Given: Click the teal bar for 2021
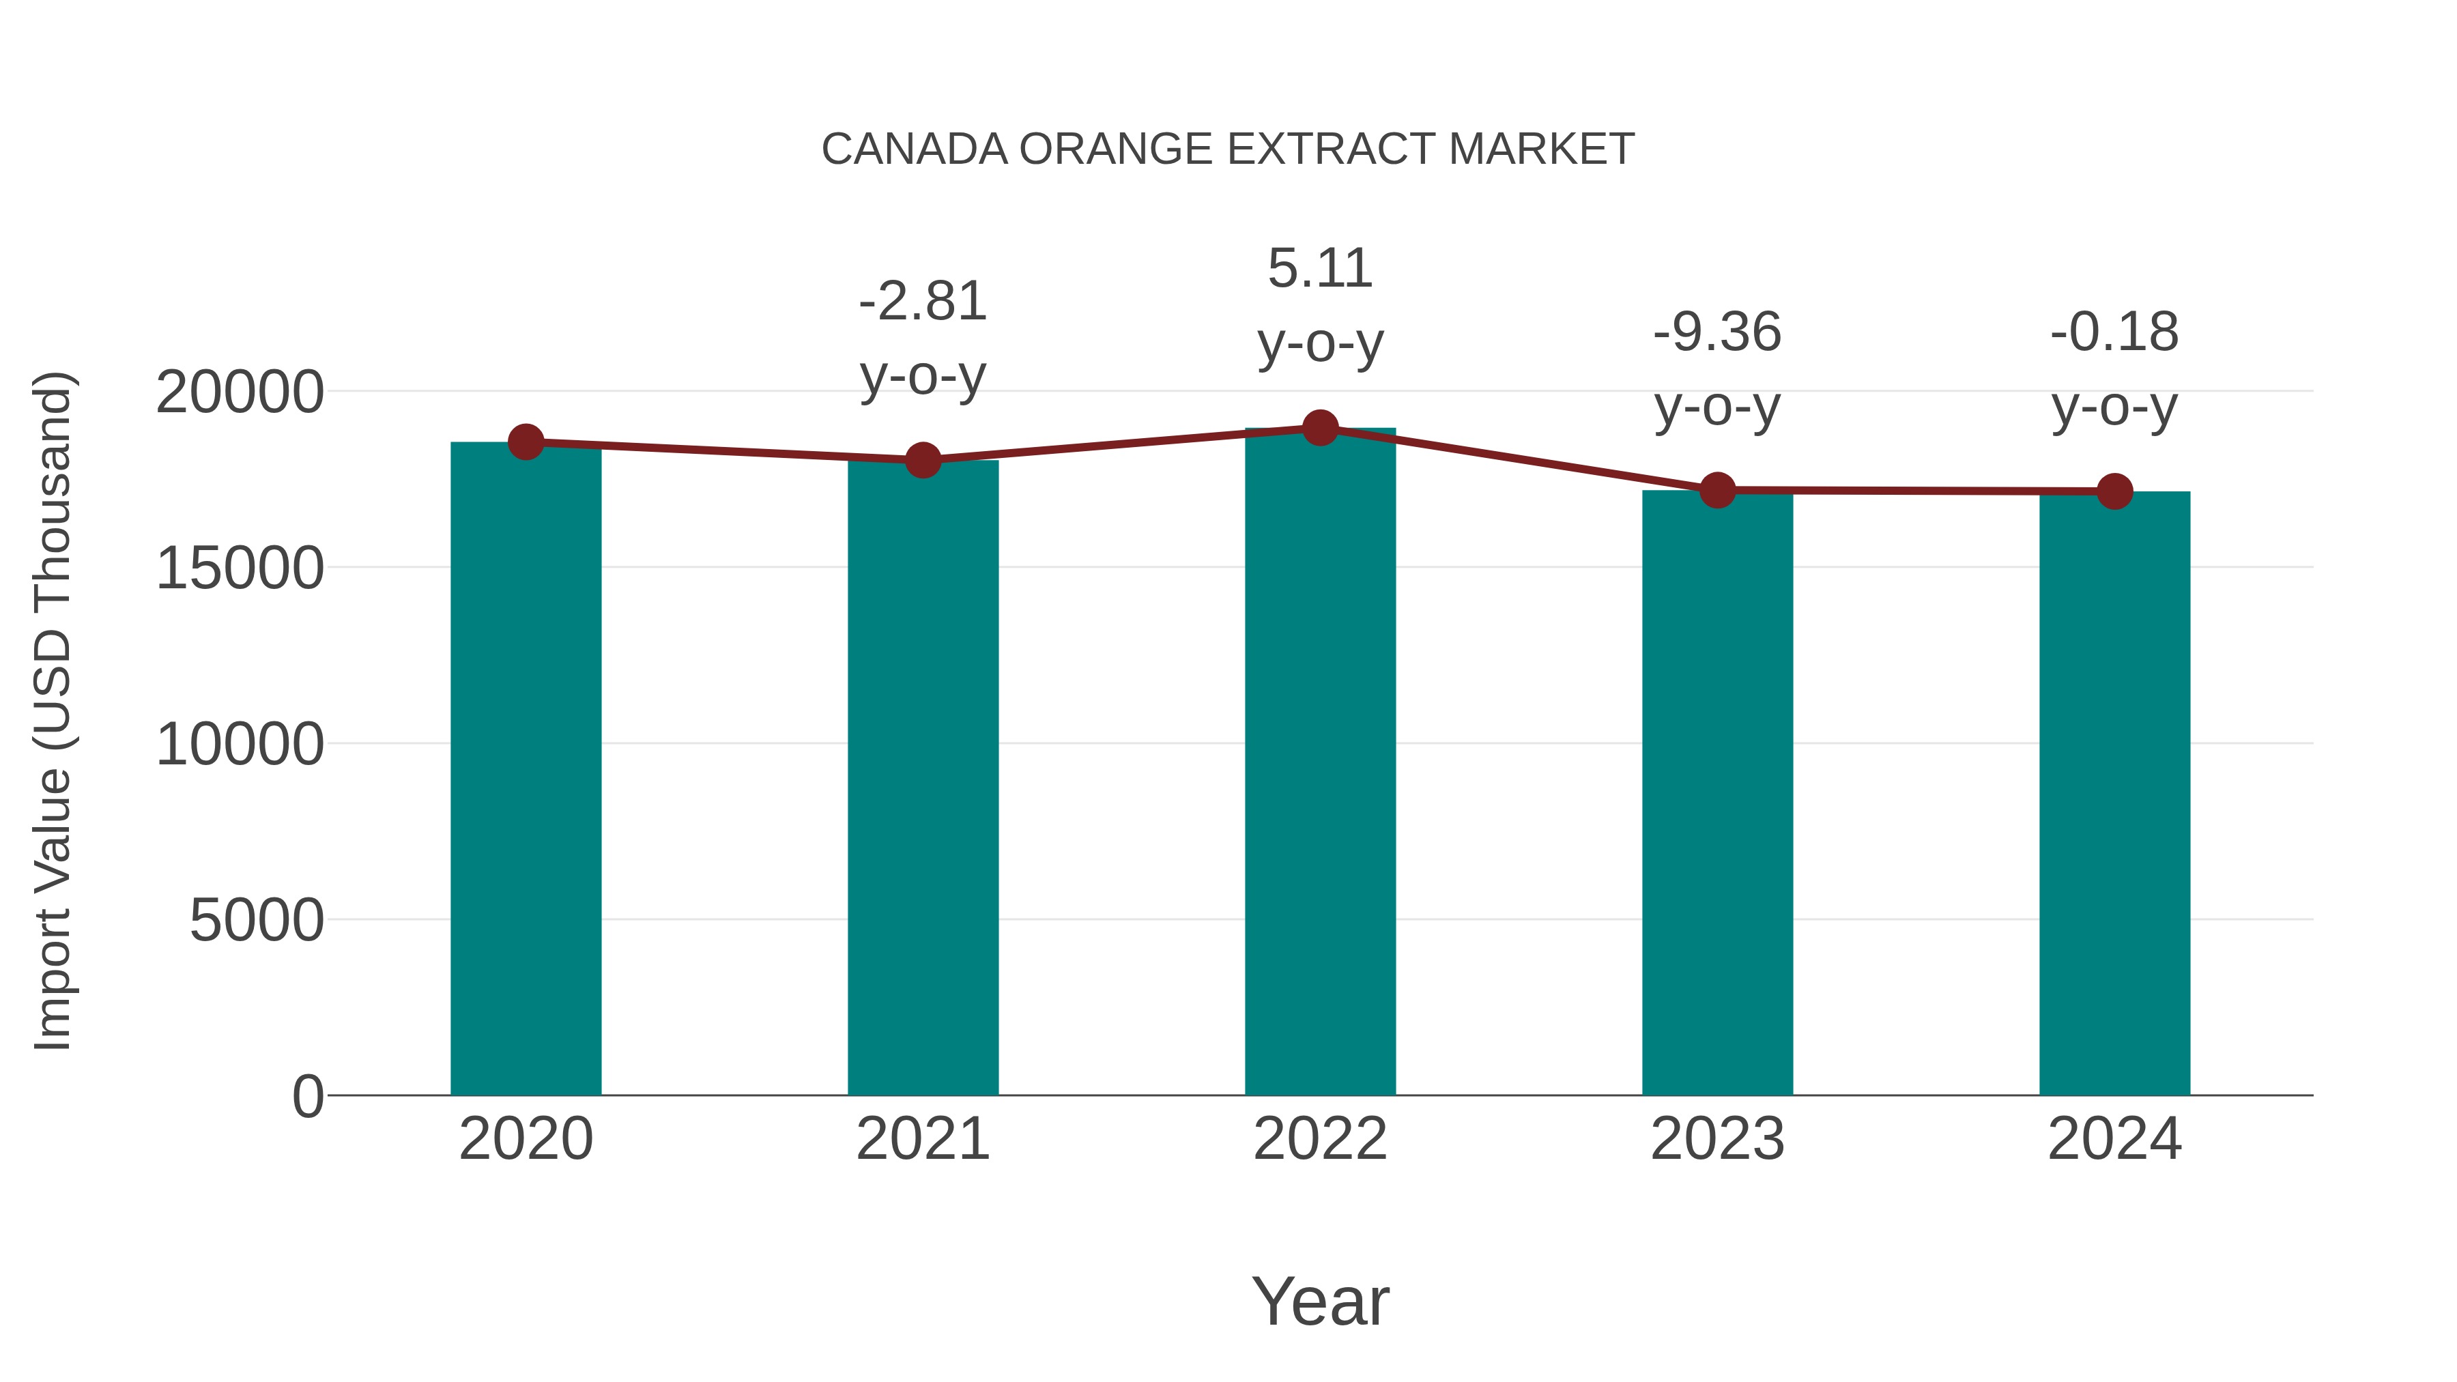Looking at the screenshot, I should coord(922,782).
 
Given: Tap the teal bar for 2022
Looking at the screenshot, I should coord(1320,763).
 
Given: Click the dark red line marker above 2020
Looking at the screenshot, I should coord(526,442).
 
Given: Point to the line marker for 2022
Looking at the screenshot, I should coord(1320,428).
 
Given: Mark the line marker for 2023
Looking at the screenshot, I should coord(1717,490).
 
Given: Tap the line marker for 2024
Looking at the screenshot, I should coord(2114,491).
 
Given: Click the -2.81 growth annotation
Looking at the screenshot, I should coord(922,302).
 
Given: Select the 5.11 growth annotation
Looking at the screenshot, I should coord(1320,268).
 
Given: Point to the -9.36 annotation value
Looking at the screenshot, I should coord(1717,333).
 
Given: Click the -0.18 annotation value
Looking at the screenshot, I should coord(2114,333).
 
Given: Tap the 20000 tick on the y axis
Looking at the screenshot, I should coord(240,392).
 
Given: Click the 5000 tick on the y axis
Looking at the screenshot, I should coord(257,921).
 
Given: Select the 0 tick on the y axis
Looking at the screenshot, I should coord(308,1096).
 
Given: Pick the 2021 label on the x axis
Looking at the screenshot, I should coord(922,1139).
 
